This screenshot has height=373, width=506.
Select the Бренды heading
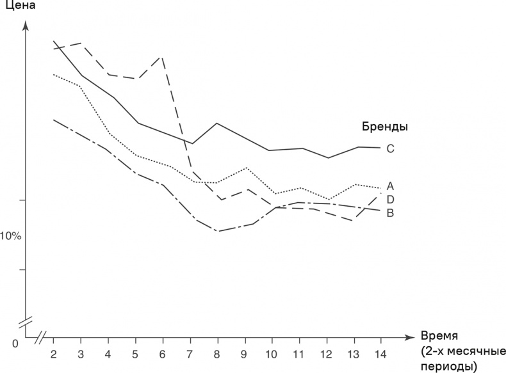tap(385, 126)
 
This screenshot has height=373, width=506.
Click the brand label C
tap(390, 148)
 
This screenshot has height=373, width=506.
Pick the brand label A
tap(390, 187)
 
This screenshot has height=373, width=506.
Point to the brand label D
tap(390, 200)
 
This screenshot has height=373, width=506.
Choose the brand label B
tap(390, 212)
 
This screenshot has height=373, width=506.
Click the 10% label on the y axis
tap(10, 236)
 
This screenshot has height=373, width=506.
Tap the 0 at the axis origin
tap(15, 344)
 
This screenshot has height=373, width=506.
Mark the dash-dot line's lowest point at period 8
tap(218, 231)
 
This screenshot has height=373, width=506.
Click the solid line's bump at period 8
tap(218, 123)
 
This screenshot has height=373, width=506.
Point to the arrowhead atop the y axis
tap(26, 26)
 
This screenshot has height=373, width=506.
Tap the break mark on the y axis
tap(26, 319)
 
